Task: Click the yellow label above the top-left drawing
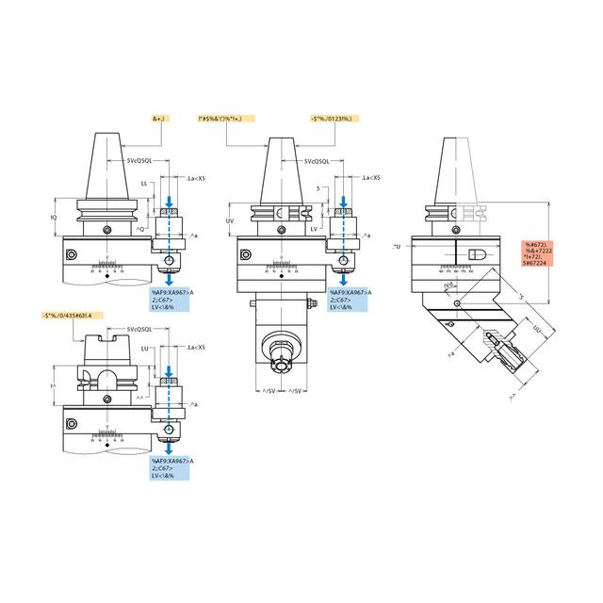pyautogui.click(x=160, y=120)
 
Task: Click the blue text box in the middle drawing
pyautogui.click(x=351, y=300)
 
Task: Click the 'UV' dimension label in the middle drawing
pyautogui.click(x=231, y=220)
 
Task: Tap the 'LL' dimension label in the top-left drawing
pyautogui.click(x=144, y=183)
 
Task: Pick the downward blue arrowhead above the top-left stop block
pyautogui.click(x=169, y=203)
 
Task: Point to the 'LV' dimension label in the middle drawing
pyautogui.click(x=314, y=229)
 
